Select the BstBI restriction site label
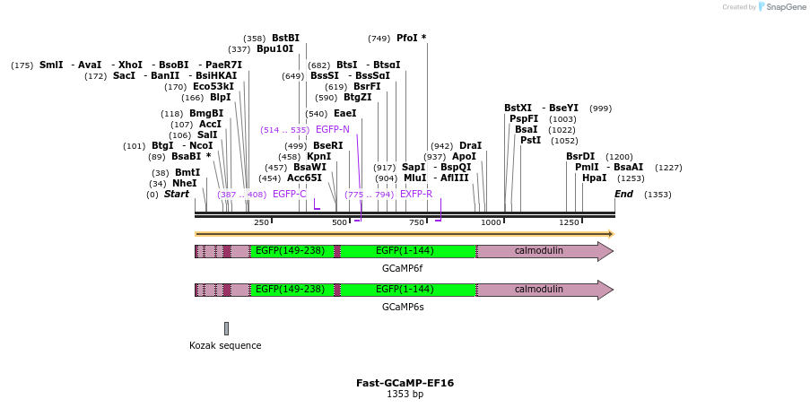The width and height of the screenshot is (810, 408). [x=285, y=39]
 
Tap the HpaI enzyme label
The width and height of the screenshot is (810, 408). [x=594, y=178]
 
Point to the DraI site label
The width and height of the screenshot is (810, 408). [x=470, y=145]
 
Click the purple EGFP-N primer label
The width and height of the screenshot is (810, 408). [x=333, y=130]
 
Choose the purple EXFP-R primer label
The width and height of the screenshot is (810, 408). [x=416, y=194]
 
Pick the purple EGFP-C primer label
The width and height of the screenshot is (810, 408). [x=290, y=194]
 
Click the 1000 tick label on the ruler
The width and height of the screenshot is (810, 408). [x=491, y=222]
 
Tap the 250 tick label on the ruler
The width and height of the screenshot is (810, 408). [x=261, y=222]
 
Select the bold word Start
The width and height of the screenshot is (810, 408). [x=176, y=194]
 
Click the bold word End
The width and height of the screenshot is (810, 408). [x=623, y=194]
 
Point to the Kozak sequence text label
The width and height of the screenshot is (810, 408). [x=225, y=345]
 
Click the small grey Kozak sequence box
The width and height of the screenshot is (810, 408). [x=226, y=328]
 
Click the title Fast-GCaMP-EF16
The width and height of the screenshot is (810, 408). [x=405, y=383]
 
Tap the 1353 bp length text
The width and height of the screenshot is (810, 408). [x=405, y=395]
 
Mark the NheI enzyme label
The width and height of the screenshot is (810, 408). [x=184, y=183]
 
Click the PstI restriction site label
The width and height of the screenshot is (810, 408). [x=530, y=140]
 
